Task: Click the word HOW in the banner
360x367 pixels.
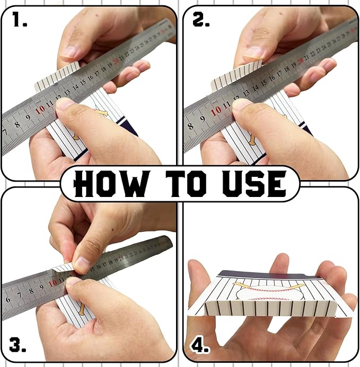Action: click(x=110, y=184)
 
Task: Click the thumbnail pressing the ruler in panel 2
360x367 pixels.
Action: click(x=241, y=105)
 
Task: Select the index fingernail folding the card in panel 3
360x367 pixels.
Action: click(x=82, y=263)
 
